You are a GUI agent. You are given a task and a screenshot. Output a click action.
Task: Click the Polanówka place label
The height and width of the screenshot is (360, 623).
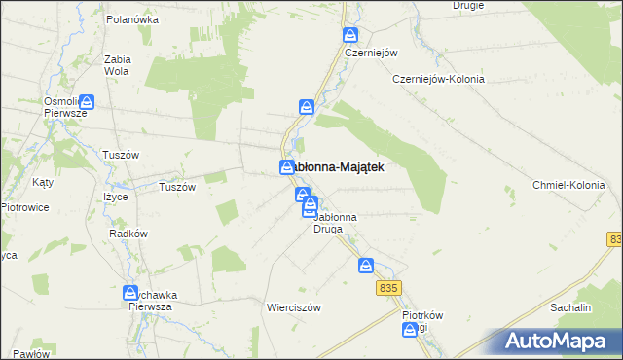click(132, 18)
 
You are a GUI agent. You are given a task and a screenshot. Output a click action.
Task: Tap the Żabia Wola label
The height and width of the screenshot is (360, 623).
click(117, 64)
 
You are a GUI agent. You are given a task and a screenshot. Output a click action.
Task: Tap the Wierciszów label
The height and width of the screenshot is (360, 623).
click(293, 306)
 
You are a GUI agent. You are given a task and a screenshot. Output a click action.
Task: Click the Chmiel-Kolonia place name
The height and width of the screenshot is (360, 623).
click(569, 185)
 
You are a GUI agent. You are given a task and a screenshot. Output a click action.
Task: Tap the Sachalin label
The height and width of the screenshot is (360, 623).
click(571, 306)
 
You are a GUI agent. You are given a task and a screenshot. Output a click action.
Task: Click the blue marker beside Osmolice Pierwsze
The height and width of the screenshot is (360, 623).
click(87, 100)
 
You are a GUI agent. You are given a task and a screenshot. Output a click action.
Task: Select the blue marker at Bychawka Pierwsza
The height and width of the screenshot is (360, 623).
click(129, 292)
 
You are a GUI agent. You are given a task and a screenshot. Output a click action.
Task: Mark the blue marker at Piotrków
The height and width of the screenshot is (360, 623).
click(410, 331)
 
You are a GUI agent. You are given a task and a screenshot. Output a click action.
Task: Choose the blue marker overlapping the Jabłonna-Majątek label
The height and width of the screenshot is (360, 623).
click(287, 166)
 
